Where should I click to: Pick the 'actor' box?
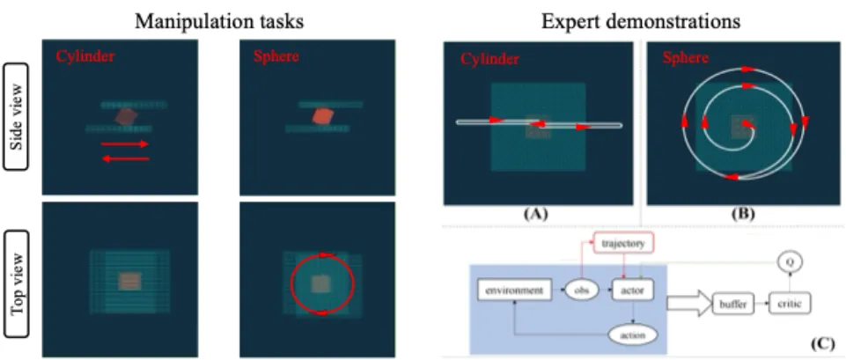pyautogui.click(x=634, y=289)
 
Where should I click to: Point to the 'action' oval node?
pyautogui.click(x=633, y=335)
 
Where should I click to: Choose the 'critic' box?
pyautogui.click(x=790, y=302)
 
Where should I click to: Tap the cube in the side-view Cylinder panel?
pyautogui.click(x=126, y=115)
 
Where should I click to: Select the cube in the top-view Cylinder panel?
pyautogui.click(x=129, y=282)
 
